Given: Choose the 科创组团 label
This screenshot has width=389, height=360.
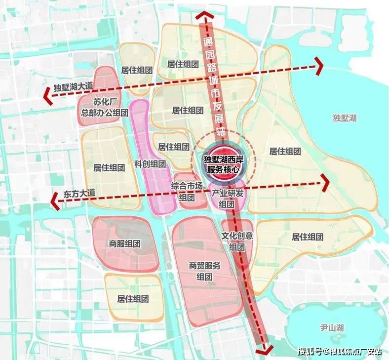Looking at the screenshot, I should click(150, 164).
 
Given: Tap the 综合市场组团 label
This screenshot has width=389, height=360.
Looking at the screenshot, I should click(186, 192).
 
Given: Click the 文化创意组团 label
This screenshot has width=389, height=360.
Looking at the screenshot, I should click(237, 241).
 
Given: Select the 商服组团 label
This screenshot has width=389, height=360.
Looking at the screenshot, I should click(124, 243).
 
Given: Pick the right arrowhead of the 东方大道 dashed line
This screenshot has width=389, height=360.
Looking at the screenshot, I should click(325, 183).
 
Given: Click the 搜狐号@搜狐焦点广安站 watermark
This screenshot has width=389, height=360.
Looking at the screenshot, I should click(339, 351).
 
